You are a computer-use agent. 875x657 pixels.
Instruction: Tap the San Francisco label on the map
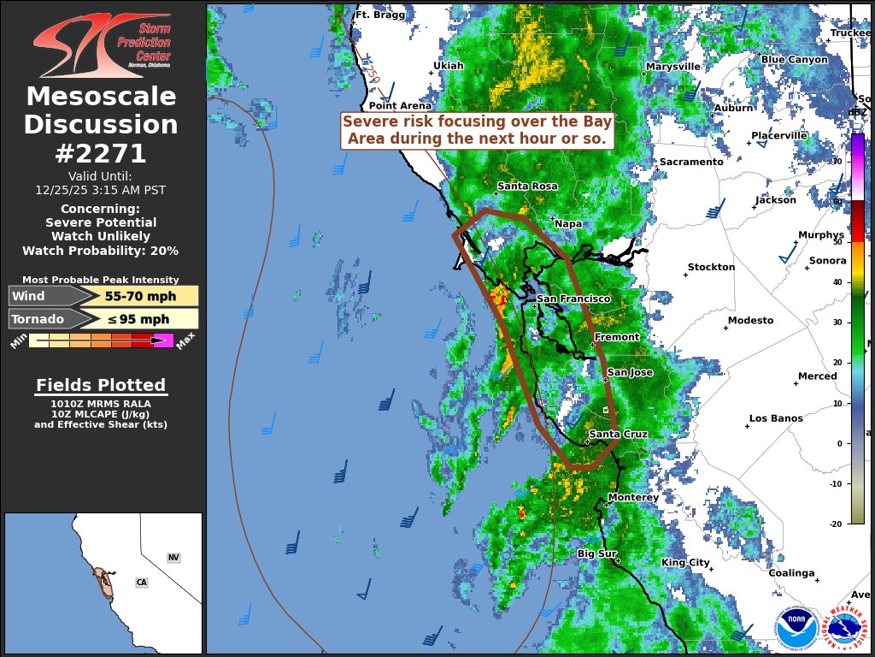[573, 299]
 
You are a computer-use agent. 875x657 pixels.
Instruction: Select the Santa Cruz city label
[618, 435]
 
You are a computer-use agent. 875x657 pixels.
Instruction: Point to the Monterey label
[633, 497]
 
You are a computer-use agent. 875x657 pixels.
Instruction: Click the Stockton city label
[711, 267]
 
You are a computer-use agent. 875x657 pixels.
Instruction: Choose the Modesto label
[750, 320]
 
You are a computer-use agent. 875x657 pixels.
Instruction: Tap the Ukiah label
[449, 65]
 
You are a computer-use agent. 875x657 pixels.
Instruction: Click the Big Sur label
[596, 553]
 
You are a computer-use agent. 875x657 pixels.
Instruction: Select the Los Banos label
[776, 418]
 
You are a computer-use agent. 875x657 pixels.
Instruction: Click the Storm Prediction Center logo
[103, 45]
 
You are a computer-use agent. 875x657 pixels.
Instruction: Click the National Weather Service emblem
[845, 629]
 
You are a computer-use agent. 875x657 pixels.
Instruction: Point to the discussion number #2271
[101, 153]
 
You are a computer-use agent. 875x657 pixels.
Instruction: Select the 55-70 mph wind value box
[141, 297]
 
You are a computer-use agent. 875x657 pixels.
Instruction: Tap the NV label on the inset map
[173, 558]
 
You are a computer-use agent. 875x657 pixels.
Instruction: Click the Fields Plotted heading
[101, 385]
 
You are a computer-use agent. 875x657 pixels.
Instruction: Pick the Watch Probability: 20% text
[101, 251]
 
